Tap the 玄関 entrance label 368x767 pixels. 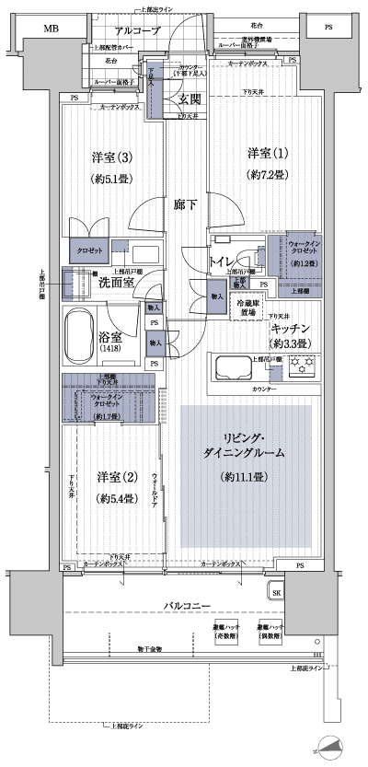(190, 99)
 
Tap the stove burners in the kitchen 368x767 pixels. (302, 366)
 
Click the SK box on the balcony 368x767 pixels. (277, 592)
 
